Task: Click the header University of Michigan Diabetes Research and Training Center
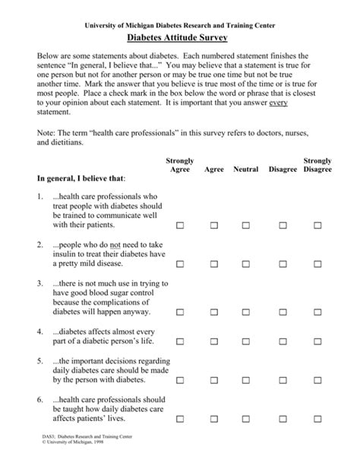179,24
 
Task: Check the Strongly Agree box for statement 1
180,226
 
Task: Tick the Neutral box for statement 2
248,264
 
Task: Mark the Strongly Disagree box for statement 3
315,312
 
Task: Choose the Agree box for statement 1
214,226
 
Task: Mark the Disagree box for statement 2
282,264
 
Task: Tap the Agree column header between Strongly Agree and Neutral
214,169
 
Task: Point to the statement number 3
39,281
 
